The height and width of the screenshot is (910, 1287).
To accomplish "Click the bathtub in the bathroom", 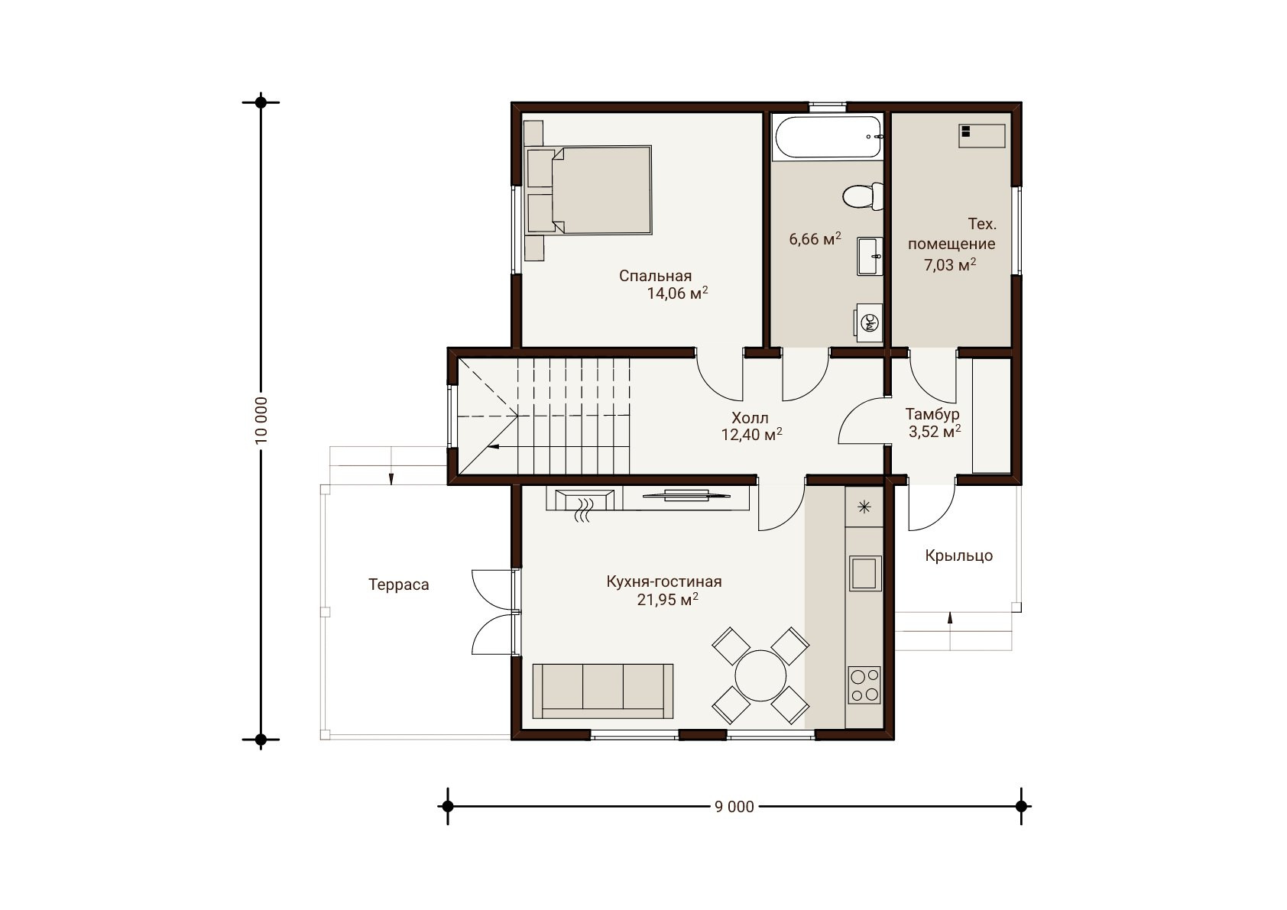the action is click(x=828, y=137).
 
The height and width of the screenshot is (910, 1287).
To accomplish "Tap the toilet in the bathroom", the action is click(x=863, y=196).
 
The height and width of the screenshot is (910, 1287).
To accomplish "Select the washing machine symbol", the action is click(x=869, y=323).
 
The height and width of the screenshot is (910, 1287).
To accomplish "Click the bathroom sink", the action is click(x=870, y=256).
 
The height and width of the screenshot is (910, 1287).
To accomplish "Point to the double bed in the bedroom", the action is click(x=589, y=189).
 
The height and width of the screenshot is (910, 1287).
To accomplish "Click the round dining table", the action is click(x=760, y=675).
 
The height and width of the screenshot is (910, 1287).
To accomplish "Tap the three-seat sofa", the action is click(x=603, y=691).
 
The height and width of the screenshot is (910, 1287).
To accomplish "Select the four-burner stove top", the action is click(x=864, y=685).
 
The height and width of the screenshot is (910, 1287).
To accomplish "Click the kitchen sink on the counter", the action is click(x=864, y=573).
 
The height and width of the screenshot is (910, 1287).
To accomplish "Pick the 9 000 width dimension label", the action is click(x=734, y=807).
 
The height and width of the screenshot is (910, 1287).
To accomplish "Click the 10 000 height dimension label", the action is click(x=261, y=420).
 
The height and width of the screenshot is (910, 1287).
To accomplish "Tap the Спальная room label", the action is click(x=655, y=276).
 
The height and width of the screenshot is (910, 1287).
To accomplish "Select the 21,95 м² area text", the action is click(x=668, y=600).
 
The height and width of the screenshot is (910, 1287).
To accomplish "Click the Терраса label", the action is click(x=399, y=585).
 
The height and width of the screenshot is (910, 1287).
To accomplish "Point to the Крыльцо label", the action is click(x=959, y=555).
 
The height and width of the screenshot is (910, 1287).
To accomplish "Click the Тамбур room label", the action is click(x=932, y=413).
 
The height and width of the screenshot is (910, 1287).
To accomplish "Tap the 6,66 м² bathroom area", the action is click(x=815, y=238).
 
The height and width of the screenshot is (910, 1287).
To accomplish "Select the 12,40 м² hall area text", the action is click(x=751, y=434).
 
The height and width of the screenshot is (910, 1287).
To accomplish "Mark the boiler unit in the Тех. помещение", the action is click(x=982, y=136).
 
